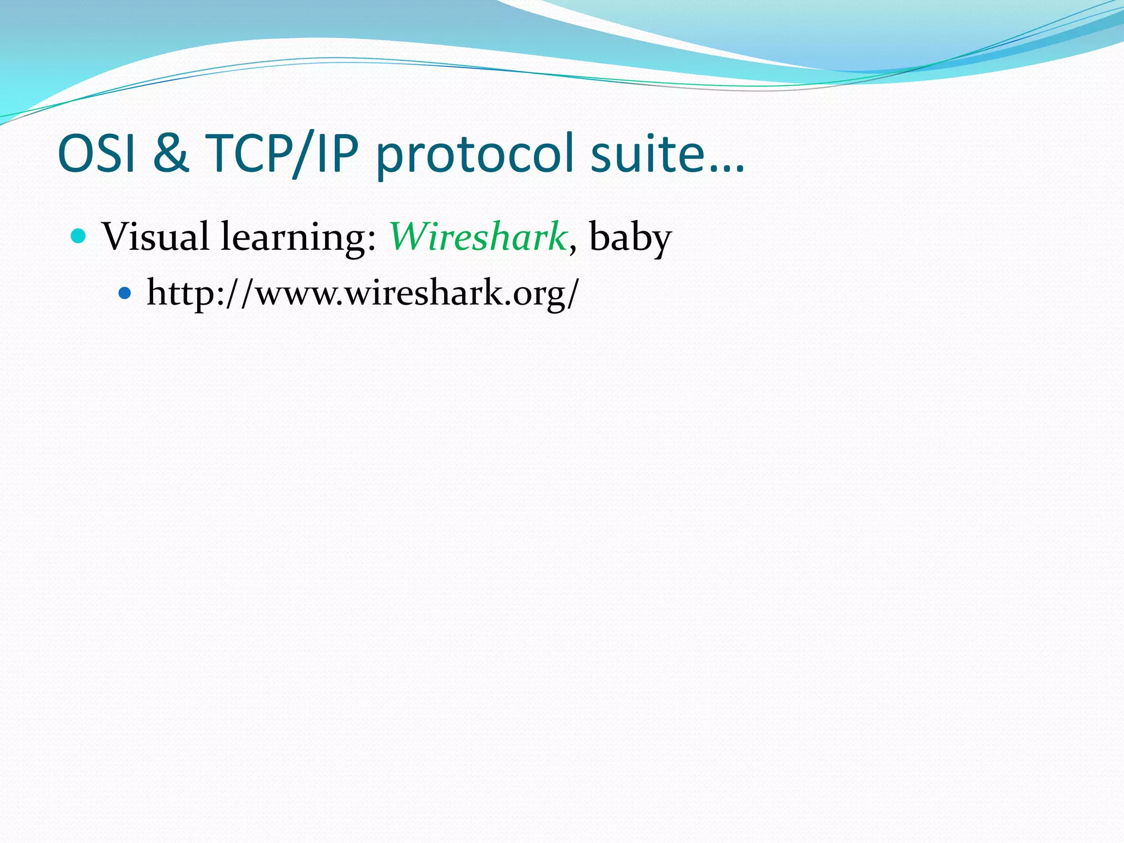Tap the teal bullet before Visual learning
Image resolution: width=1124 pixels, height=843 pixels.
79,237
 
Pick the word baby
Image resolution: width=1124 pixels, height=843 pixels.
630,238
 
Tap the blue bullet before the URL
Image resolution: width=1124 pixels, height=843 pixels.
125,294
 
